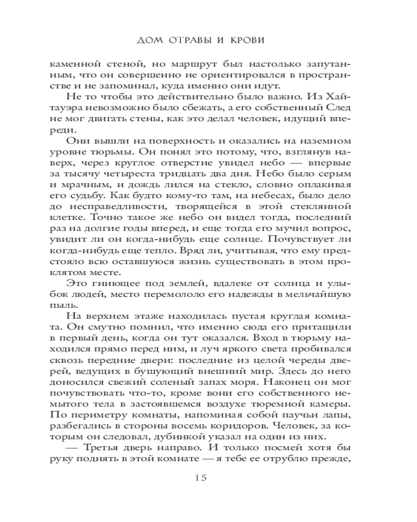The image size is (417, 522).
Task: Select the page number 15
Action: tap(208, 478)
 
